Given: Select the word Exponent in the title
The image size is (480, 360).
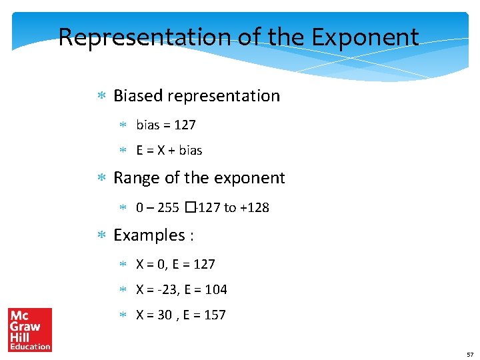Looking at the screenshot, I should (x=369, y=37).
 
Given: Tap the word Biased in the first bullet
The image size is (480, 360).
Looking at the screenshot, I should (x=138, y=96).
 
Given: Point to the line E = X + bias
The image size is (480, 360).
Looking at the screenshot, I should (x=169, y=151).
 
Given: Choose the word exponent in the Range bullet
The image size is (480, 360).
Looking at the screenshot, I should (x=251, y=178).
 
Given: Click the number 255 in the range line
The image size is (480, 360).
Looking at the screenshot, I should (x=167, y=207).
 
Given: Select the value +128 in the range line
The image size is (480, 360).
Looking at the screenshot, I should (x=255, y=207).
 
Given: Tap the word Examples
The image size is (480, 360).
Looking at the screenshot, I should (x=146, y=235).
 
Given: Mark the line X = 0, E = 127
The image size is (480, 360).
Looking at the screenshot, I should (x=175, y=265).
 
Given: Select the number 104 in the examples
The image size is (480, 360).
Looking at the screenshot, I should (x=215, y=290).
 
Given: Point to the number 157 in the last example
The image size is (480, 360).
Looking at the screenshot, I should (x=214, y=315).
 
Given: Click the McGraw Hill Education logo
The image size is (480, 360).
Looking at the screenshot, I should (x=30, y=329).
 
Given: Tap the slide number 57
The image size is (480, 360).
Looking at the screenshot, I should (x=469, y=354).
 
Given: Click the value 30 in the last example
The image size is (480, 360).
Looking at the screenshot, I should (x=165, y=315).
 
